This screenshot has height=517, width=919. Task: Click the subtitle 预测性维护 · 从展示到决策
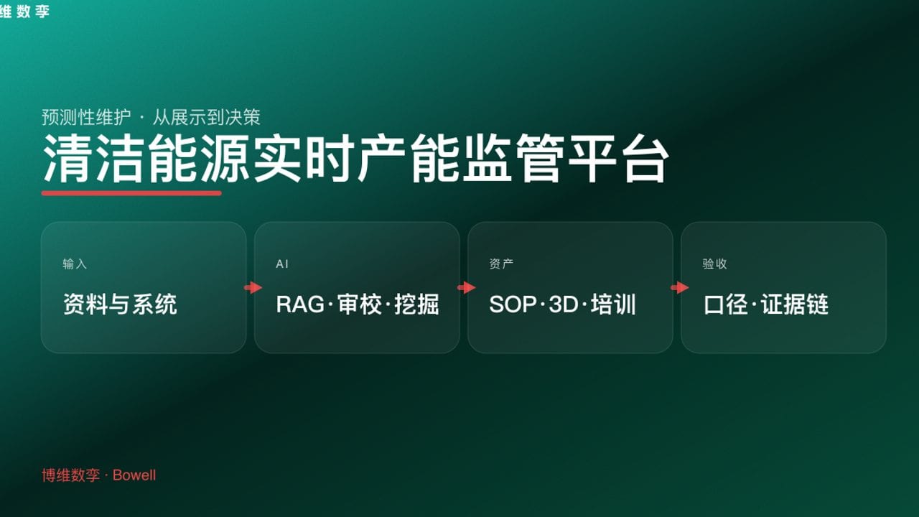(x=151, y=117)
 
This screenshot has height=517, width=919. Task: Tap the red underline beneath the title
(x=131, y=192)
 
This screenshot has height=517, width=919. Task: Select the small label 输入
(x=75, y=264)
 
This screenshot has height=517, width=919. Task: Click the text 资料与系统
(x=120, y=304)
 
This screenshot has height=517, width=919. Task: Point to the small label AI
(x=282, y=264)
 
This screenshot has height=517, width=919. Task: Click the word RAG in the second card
(x=300, y=304)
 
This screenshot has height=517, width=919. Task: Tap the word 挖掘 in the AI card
(x=416, y=304)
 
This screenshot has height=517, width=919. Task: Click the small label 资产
(x=501, y=264)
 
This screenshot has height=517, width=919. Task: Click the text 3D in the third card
(x=563, y=304)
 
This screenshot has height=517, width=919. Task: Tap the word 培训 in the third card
(x=613, y=304)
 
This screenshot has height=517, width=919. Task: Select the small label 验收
(x=714, y=264)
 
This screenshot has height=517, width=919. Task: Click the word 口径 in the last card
(x=726, y=304)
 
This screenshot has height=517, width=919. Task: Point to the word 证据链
(x=795, y=304)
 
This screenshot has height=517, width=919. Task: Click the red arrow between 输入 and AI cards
(x=253, y=288)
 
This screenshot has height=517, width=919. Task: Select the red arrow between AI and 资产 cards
(x=466, y=288)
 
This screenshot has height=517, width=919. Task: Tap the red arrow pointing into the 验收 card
(x=679, y=288)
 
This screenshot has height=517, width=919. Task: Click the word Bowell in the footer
(x=134, y=475)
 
